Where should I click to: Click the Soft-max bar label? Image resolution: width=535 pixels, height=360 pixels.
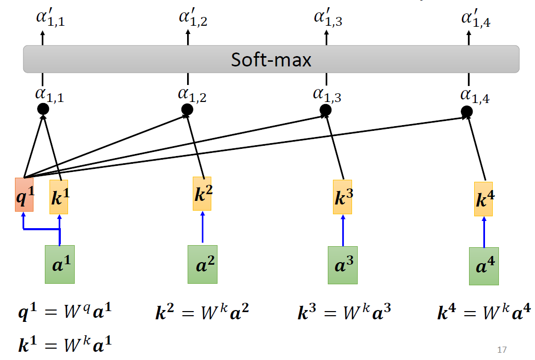click(x=271, y=60)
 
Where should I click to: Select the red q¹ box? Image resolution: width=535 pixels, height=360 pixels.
click(x=24, y=195)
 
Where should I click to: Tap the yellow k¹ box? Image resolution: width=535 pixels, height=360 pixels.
click(x=59, y=197)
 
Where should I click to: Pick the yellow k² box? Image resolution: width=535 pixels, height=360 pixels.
click(x=202, y=194)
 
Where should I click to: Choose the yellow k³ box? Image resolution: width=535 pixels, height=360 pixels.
click(x=343, y=197)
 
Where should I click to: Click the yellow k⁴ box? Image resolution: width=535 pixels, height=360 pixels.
click(x=483, y=199)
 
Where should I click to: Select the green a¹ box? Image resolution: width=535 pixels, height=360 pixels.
click(x=60, y=264)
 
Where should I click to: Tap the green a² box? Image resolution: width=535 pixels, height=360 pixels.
click(x=202, y=265)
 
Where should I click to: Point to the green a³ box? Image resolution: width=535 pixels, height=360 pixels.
click(x=343, y=265)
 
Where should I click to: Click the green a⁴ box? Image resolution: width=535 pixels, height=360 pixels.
click(x=483, y=266)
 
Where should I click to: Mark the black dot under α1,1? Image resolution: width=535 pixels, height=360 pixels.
click(x=43, y=109)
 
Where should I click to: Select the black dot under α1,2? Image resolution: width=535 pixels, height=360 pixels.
click(x=187, y=109)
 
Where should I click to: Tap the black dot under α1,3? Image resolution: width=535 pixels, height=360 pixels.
click(x=325, y=110)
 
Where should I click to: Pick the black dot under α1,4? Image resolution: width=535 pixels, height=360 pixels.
click(x=466, y=111)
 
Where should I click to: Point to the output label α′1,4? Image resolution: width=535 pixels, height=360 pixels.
click(x=475, y=20)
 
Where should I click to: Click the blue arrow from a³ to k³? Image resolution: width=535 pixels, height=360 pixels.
click(x=343, y=230)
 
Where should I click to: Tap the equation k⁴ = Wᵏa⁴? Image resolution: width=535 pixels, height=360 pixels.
click(x=483, y=312)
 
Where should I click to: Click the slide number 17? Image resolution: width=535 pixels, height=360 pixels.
click(x=502, y=350)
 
